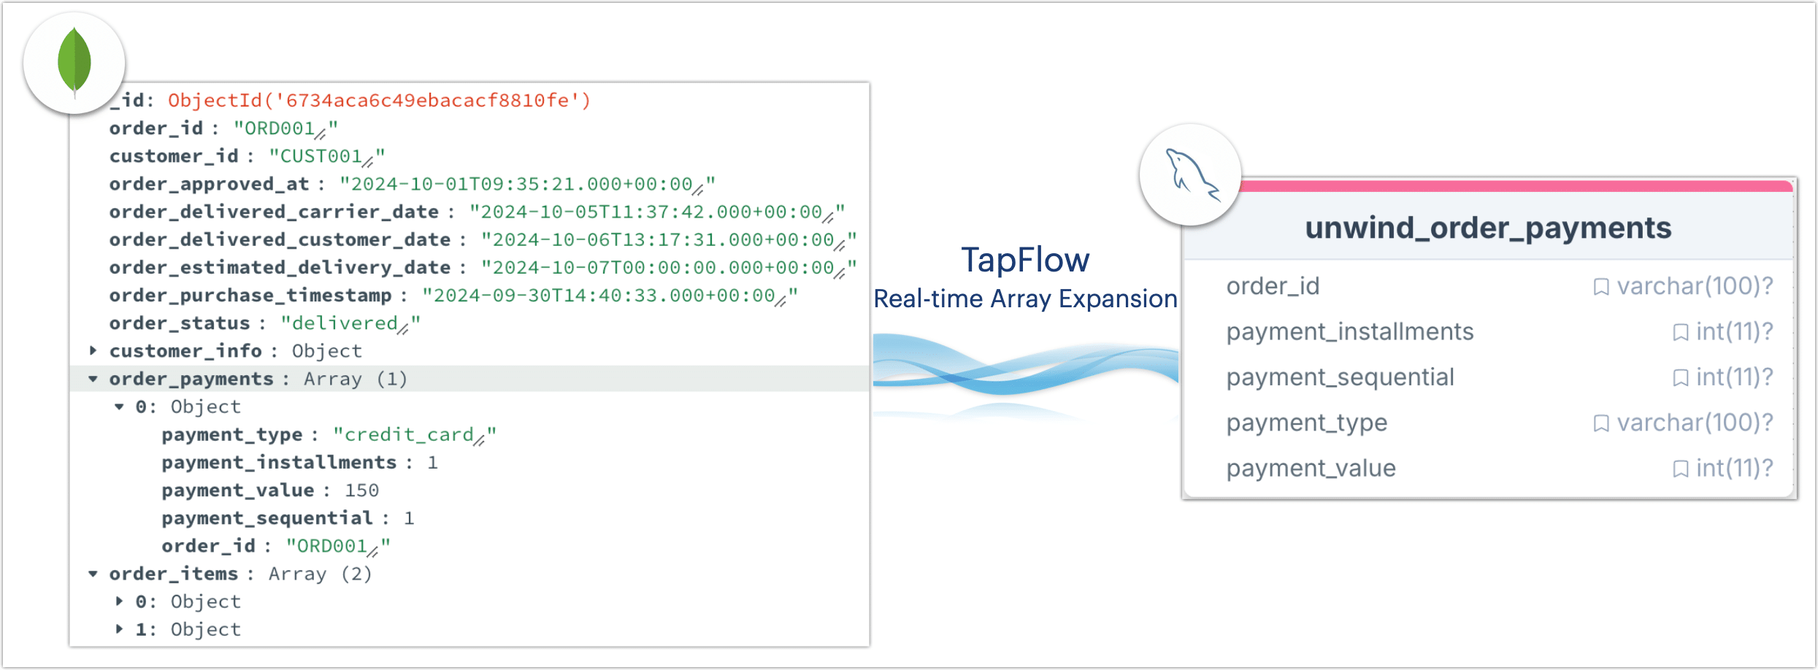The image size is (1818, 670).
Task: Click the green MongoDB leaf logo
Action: [74, 62]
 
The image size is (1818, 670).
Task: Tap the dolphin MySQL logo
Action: [1191, 174]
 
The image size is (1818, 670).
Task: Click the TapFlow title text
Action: [1025, 260]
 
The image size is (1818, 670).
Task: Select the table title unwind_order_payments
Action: [1488, 228]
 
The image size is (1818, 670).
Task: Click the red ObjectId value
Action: [379, 100]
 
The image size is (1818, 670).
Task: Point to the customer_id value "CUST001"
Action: [326, 156]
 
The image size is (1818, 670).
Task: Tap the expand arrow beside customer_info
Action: [93, 350]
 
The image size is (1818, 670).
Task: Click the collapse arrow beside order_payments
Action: [93, 379]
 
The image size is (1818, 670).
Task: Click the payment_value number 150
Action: [361, 490]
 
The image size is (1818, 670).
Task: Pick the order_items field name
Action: [174, 574]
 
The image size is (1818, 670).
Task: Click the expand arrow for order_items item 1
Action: [119, 629]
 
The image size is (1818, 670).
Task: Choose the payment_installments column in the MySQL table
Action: [1350, 332]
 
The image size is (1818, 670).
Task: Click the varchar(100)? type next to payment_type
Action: [1695, 423]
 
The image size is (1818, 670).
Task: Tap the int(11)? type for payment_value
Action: [1734, 469]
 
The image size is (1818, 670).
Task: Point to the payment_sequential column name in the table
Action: [1341, 377]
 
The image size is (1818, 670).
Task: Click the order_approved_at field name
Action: [209, 184]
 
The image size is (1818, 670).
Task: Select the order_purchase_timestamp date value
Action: [610, 296]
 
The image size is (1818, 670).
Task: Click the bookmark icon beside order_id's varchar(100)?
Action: [1601, 287]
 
